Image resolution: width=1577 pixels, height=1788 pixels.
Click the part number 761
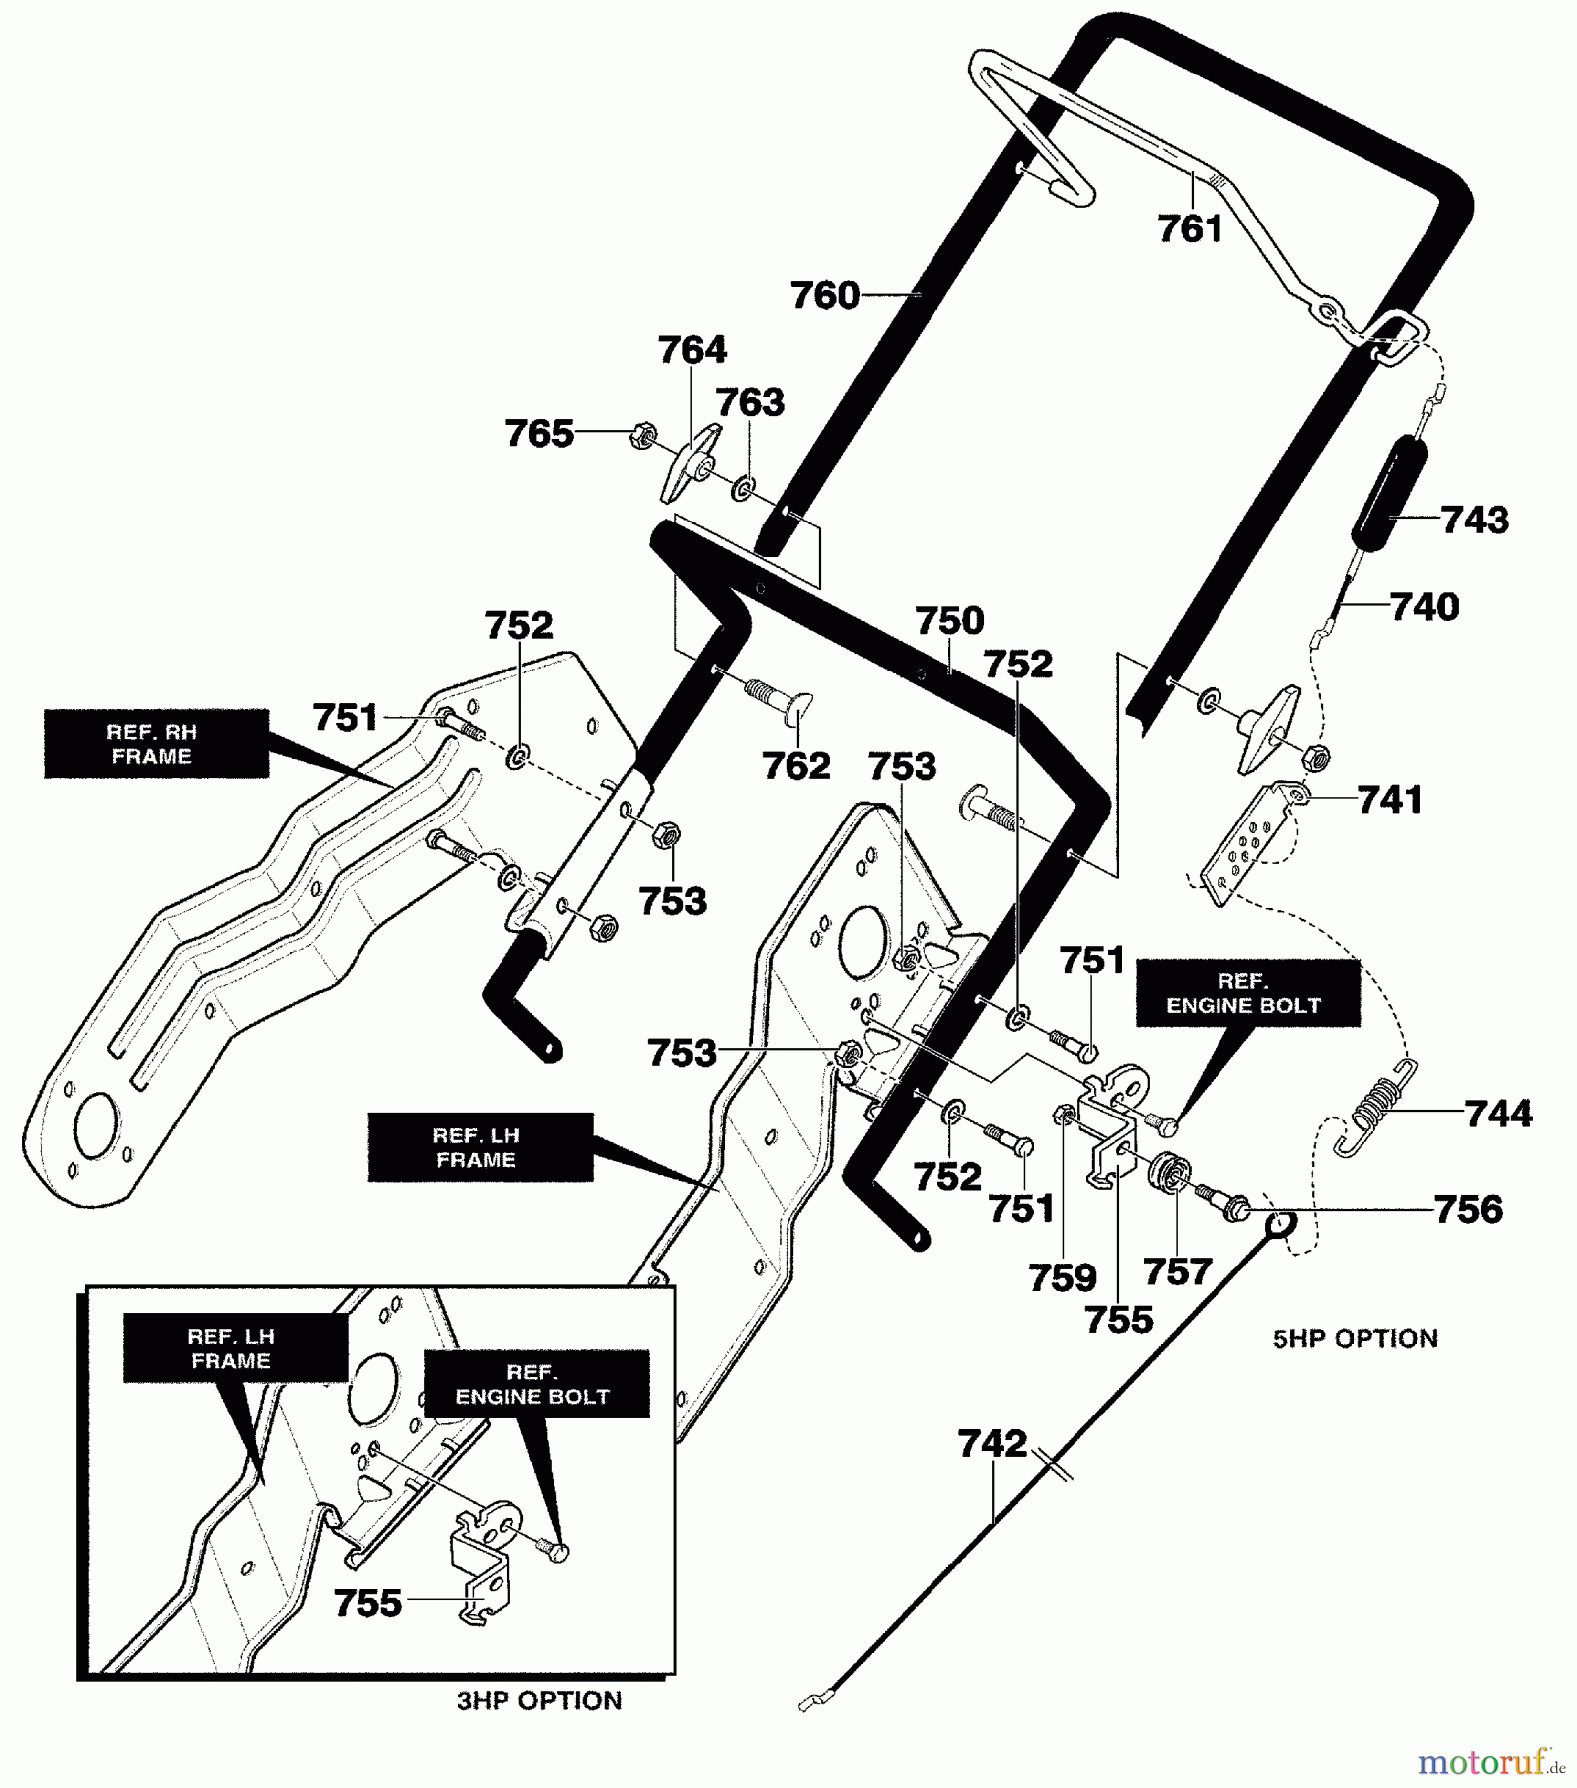[1190, 229]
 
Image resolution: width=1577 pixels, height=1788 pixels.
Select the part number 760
[825, 296]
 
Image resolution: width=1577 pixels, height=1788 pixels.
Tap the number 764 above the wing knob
[692, 350]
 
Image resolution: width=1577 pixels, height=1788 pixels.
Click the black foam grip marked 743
[1390, 491]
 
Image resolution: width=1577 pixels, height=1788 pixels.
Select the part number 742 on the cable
[992, 1443]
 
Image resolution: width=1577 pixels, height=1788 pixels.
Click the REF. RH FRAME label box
[156, 743]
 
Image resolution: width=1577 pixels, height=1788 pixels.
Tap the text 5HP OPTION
[1355, 1338]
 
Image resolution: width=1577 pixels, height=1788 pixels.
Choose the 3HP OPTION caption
[539, 1700]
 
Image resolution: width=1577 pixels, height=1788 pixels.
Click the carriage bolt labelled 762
[779, 696]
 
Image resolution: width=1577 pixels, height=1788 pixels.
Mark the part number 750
[949, 621]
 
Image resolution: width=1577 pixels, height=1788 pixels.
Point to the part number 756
[1468, 1209]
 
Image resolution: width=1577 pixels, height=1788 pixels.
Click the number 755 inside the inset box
[367, 1602]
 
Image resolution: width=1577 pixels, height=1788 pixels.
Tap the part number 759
[1063, 1277]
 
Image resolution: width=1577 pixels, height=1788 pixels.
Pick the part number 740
[1424, 607]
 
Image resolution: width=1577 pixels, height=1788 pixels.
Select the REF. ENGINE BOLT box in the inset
[537, 1384]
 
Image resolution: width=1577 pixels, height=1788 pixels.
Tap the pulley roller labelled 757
[1170, 1175]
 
